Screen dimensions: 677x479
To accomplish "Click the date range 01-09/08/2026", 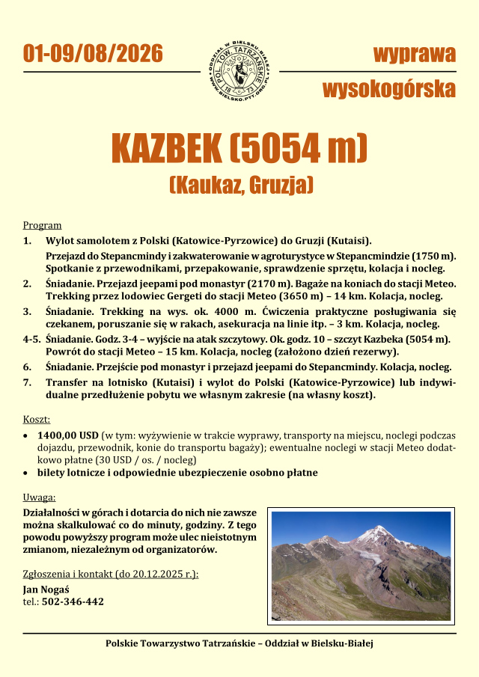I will coord(93,54).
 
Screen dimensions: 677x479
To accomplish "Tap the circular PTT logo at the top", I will coord(239,72).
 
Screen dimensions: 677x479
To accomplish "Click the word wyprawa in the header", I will coord(414,54).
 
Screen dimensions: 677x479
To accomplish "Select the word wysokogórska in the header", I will coord(389,90).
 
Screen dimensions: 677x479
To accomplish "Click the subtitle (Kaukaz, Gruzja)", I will coord(239,184).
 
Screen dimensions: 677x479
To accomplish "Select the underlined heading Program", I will coord(42,225).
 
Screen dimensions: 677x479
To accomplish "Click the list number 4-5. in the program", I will coord(31,339).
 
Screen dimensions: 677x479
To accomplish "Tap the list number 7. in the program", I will coord(27,382).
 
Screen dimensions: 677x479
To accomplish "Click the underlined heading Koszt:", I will coord(37,420).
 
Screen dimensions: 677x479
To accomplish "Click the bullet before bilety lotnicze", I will coord(28,473).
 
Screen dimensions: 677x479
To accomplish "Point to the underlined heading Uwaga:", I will coord(39,497).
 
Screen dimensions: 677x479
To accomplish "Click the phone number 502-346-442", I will coord(73,601).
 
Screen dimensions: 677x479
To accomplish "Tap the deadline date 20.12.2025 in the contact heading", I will coord(159,575).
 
